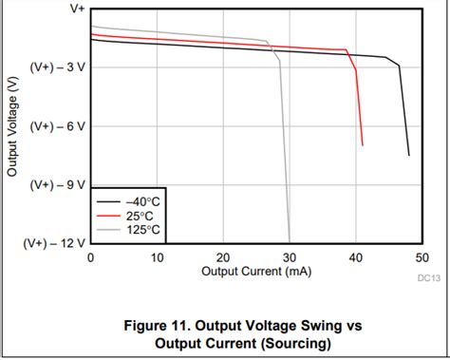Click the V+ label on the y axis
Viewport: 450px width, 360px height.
tap(75, 8)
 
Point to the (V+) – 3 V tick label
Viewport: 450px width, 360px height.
tap(57, 66)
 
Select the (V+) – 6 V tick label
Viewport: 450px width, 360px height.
tap(57, 125)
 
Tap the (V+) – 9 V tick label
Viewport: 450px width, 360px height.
tap(57, 184)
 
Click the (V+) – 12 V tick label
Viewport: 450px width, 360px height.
tap(54, 243)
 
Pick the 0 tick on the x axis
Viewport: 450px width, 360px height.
tap(90, 257)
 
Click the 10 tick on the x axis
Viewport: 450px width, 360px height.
tap(157, 257)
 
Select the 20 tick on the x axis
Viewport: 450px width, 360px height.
tap(223, 257)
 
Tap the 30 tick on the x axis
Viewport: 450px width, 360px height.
tap(289, 257)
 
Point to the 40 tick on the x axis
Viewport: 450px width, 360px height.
tap(356, 257)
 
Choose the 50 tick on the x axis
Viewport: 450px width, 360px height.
tap(422, 257)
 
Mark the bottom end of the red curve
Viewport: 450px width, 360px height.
tap(363, 145)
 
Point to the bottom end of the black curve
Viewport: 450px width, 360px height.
tap(409, 155)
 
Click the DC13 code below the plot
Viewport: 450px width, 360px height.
tap(428, 278)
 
